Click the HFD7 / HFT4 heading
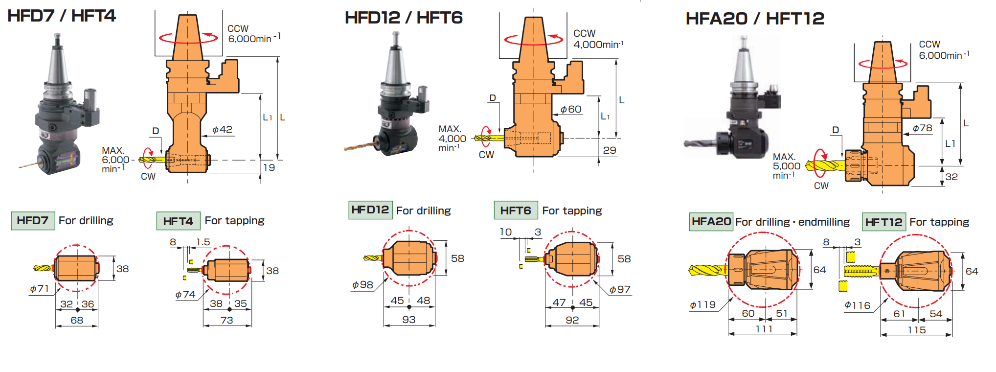tap(62, 16)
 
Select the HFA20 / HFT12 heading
tap(755, 19)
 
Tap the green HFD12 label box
tap(370, 210)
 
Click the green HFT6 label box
tap(516, 210)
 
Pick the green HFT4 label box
tap(178, 221)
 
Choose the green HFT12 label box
tap(883, 222)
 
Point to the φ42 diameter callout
tap(222, 130)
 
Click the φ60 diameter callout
tap(571, 109)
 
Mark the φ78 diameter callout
tap(922, 128)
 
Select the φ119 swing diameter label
tap(702, 305)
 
